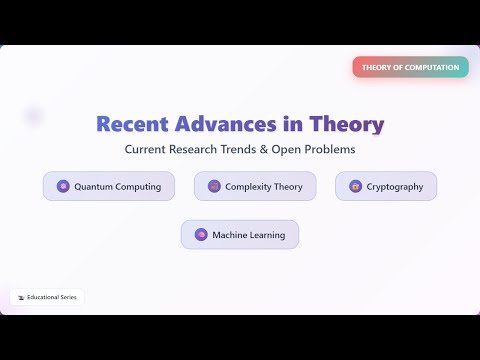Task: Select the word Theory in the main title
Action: click(x=345, y=124)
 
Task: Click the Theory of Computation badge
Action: click(x=410, y=67)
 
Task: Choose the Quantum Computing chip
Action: click(x=109, y=186)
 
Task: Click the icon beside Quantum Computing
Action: click(x=63, y=186)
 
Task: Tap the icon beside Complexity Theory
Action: click(x=213, y=186)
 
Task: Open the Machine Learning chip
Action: click(x=240, y=235)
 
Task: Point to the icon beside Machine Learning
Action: click(x=200, y=235)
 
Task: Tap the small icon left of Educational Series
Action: click(x=20, y=297)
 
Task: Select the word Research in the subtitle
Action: click(x=196, y=150)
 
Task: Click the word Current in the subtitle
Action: click(x=145, y=150)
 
